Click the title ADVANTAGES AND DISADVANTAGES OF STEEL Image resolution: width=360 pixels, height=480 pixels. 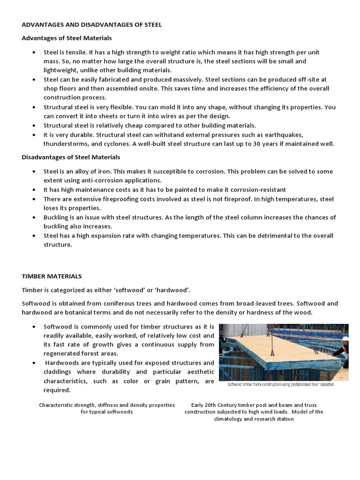click(92, 25)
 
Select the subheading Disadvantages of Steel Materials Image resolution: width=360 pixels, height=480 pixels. click(71, 157)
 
